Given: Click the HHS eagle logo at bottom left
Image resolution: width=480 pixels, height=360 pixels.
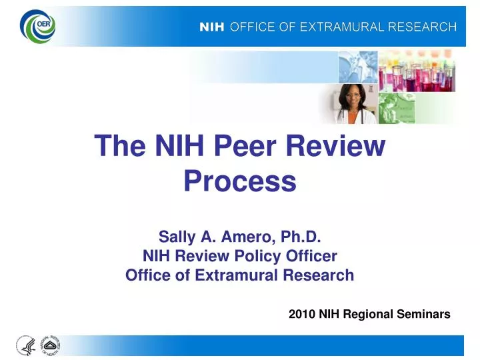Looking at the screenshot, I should (x=25, y=345).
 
